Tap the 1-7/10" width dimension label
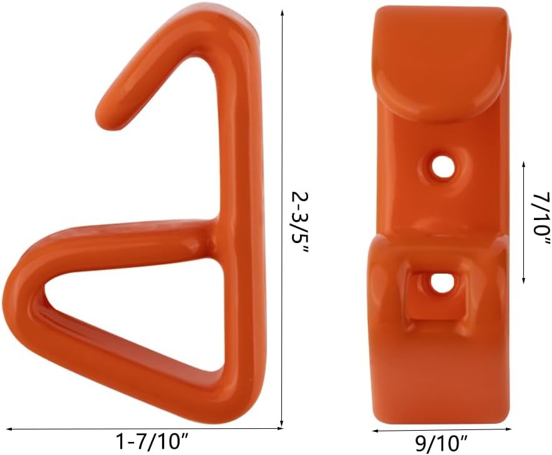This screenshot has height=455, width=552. [x=153, y=443]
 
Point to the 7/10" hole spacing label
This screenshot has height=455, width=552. [x=540, y=218]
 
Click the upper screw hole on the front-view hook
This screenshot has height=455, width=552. [x=443, y=166]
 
